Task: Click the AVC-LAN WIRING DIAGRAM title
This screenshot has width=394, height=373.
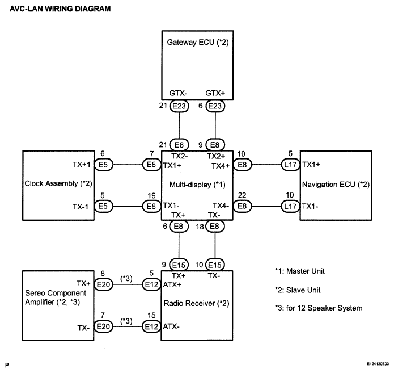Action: [60, 9]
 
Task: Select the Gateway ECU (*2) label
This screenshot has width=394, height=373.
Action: [198, 42]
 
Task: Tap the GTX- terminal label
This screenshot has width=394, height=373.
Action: [179, 93]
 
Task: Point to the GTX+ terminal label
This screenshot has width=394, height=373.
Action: [215, 93]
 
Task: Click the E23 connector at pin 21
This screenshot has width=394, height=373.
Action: [179, 106]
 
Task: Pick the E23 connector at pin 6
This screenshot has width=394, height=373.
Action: [215, 106]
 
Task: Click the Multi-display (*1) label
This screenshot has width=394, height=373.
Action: [197, 185]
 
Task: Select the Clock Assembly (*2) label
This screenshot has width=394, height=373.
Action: [58, 183]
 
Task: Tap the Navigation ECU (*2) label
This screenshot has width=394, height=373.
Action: [336, 185]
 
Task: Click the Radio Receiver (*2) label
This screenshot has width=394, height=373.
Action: [197, 303]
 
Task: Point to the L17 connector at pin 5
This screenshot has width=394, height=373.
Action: [290, 165]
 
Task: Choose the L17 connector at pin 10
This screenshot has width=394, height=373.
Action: [290, 207]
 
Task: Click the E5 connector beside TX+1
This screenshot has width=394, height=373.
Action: [103, 165]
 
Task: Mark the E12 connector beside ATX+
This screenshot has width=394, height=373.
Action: [151, 284]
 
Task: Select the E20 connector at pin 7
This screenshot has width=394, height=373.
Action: [103, 326]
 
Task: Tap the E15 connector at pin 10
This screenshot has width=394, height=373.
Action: [215, 265]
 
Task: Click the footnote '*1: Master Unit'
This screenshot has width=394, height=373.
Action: [300, 271]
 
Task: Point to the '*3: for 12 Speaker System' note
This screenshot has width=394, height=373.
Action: [319, 308]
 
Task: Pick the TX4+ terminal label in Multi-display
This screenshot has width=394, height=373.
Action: [221, 166]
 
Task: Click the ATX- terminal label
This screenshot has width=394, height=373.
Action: [171, 326]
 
